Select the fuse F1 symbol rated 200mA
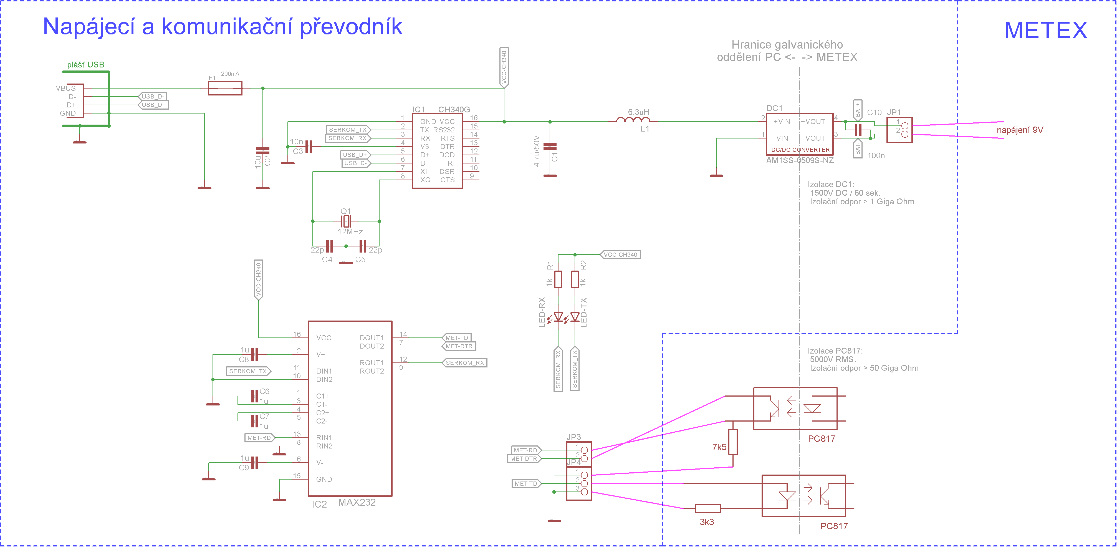click(x=225, y=88)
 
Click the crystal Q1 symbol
click(x=346, y=221)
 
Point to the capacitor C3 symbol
click(x=309, y=147)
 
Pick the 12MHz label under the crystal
click(x=350, y=232)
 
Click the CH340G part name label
click(x=454, y=109)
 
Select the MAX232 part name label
click(x=357, y=502)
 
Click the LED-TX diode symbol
click(x=575, y=317)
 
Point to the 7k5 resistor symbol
click(x=733, y=442)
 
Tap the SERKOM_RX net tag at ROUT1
click(x=464, y=363)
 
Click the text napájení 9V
click(x=1020, y=130)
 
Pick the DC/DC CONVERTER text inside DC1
click(x=800, y=150)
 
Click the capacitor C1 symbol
click(x=550, y=147)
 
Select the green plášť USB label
click(x=85, y=65)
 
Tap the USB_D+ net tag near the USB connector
click(x=153, y=105)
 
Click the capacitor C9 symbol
click(x=254, y=463)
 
